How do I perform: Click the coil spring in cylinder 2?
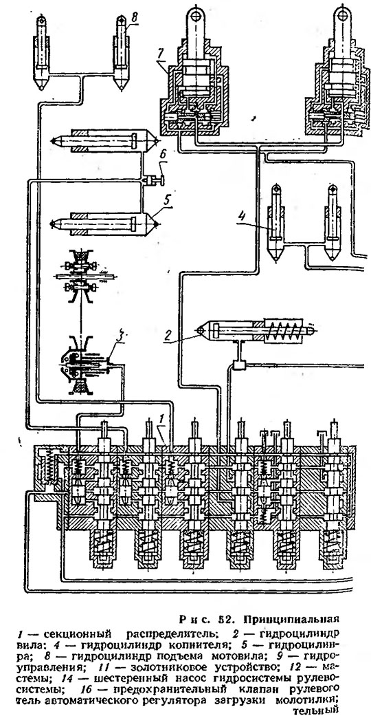(282, 329)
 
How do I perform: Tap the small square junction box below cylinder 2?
(239, 365)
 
